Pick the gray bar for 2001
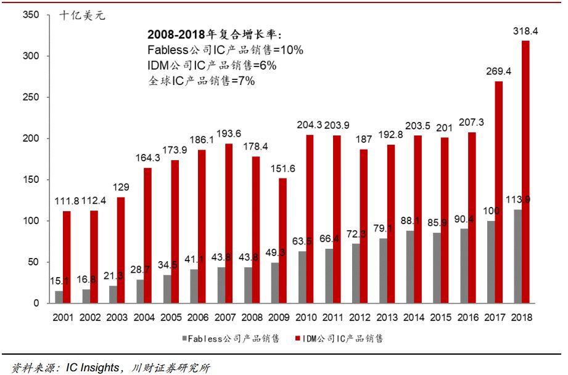point(59,297)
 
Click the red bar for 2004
point(147,235)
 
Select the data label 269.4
point(499,71)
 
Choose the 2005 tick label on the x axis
point(170,318)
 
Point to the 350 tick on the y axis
point(30,15)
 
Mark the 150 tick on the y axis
point(30,180)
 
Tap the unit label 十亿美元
point(82,15)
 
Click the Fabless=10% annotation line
point(225,50)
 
